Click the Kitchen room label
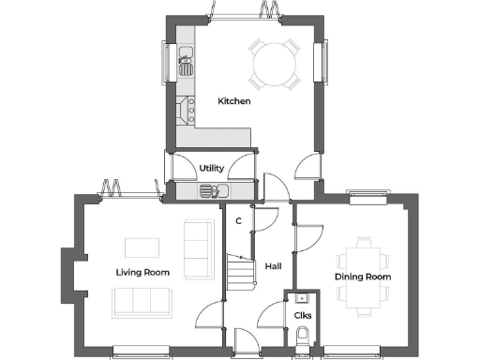pyautogui.click(x=234, y=101)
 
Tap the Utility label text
pyautogui.click(x=211, y=169)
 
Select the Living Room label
pyautogui.click(x=142, y=273)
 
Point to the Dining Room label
pyautogui.click(x=363, y=277)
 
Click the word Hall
pyautogui.click(x=273, y=266)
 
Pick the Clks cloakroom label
pyautogui.click(x=303, y=315)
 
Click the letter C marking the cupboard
pyautogui.click(x=239, y=221)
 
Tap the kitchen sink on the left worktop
pyautogui.click(x=187, y=65)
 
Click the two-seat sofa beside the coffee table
pyautogui.click(x=198, y=248)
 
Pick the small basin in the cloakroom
pyautogui.click(x=302, y=298)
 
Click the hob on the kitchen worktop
pyautogui.click(x=185, y=107)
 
